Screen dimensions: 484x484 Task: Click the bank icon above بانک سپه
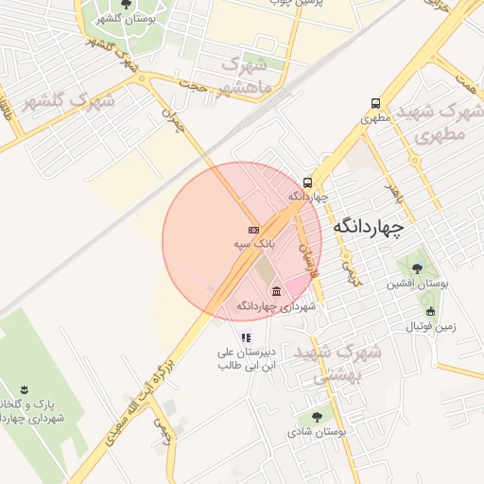[253, 230]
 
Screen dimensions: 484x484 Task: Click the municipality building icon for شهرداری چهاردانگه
[276, 291]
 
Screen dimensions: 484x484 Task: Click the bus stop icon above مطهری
[376, 104]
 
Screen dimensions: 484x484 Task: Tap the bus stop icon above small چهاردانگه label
[307, 182]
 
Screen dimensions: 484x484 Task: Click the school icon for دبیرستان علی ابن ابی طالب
[246, 337]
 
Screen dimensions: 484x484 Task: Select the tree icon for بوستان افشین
[417, 268]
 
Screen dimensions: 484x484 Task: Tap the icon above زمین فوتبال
[430, 312]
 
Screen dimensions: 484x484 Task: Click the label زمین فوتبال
[430, 326]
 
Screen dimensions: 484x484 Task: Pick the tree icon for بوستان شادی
[316, 416]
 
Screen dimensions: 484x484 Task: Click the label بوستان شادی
[318, 431]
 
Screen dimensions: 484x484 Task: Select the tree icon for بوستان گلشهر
[127, 5]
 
